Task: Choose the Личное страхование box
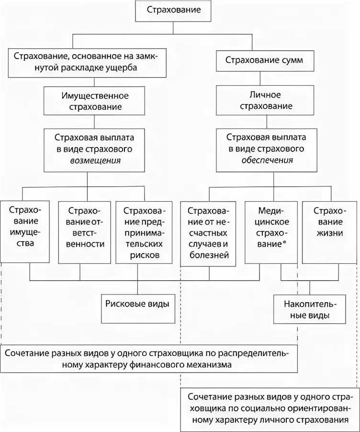point(266,101)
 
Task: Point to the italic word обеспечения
point(267,160)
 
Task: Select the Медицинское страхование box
point(270,232)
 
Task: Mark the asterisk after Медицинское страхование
point(285,243)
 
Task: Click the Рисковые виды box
point(137,304)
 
